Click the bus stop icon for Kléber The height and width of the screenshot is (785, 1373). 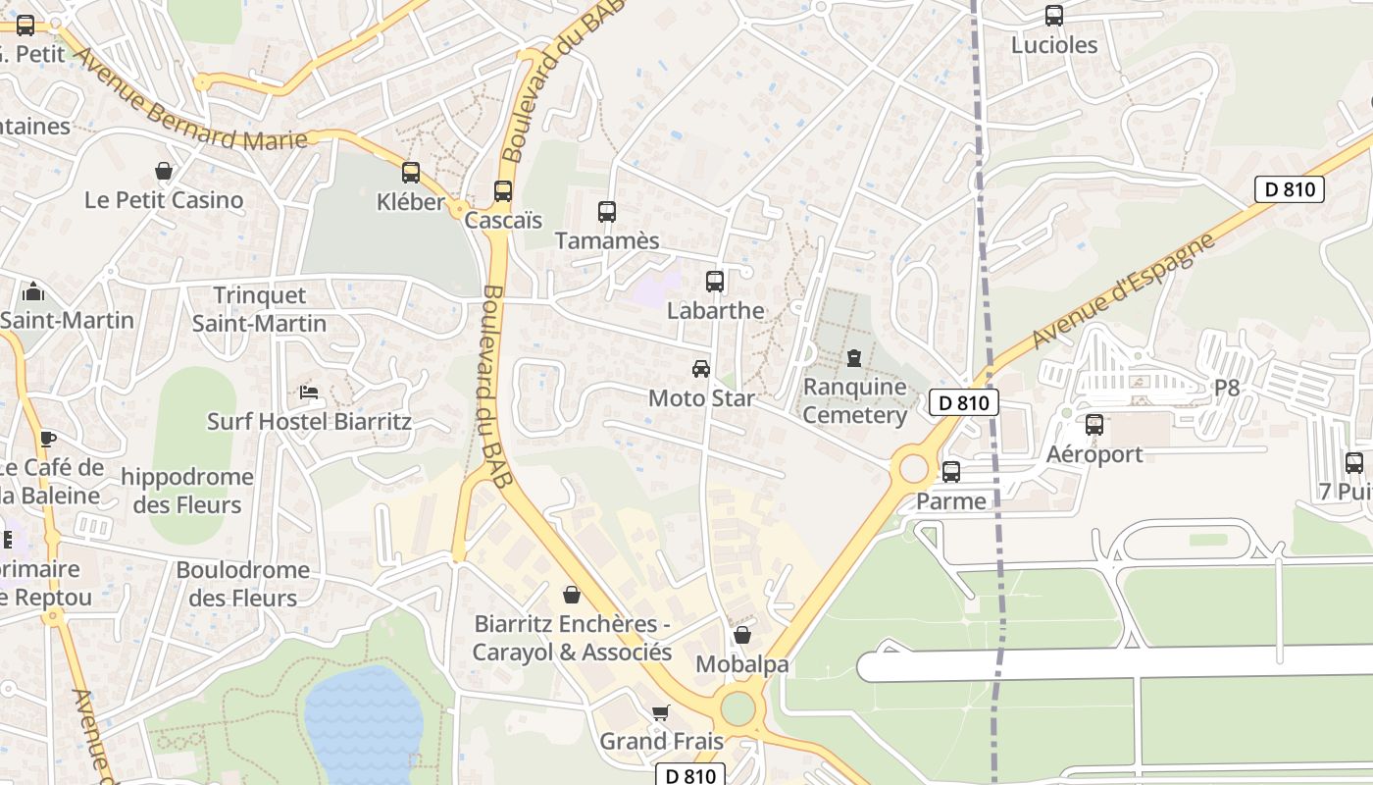[x=411, y=173]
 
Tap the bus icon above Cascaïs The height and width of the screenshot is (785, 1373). [x=503, y=190]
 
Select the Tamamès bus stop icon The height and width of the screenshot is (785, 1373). [x=607, y=211]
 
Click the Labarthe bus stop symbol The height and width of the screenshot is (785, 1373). [x=715, y=282]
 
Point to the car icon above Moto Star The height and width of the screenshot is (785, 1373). [x=701, y=369]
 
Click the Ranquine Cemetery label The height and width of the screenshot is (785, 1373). [x=855, y=400]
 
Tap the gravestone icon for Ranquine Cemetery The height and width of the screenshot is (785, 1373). [x=854, y=357]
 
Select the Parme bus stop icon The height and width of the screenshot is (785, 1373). [x=951, y=472]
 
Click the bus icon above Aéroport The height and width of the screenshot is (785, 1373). [x=1094, y=425]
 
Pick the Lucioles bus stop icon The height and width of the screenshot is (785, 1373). [x=1054, y=16]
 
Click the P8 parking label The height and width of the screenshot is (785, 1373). [x=1227, y=388]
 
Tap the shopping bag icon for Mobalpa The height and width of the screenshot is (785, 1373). [x=742, y=635]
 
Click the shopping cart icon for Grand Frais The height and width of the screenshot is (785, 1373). [x=661, y=712]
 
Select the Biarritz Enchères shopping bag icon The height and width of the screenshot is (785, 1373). [x=572, y=595]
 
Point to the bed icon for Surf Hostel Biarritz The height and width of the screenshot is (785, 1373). [x=309, y=392]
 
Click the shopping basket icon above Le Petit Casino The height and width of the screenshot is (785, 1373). [x=164, y=172]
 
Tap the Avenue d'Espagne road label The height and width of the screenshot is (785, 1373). [x=1123, y=291]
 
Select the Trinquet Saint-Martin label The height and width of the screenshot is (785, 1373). [x=259, y=309]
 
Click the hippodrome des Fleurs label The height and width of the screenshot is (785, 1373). [x=186, y=491]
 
